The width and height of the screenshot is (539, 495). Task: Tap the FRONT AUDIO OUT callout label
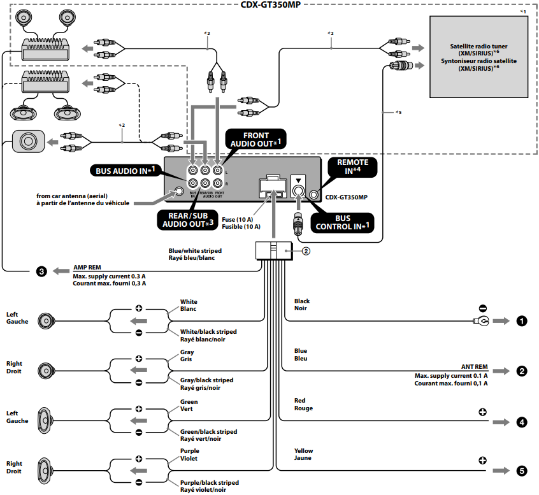[x=256, y=140]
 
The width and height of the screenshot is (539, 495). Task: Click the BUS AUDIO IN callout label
[x=125, y=170]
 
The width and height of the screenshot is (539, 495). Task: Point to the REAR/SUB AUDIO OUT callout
[x=187, y=219]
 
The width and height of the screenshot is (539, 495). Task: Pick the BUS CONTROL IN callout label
[x=342, y=222]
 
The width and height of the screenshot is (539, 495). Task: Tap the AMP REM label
[x=87, y=268]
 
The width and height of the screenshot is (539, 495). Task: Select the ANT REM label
[x=474, y=367]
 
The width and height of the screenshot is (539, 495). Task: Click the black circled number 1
[x=522, y=321]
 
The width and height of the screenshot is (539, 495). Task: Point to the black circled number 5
[x=522, y=471]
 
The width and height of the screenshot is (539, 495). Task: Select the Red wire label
[x=300, y=401]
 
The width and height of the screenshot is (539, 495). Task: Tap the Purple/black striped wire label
[x=209, y=483]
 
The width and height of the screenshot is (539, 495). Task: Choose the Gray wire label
[x=187, y=352]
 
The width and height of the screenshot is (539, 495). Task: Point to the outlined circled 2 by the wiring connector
[x=306, y=251]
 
